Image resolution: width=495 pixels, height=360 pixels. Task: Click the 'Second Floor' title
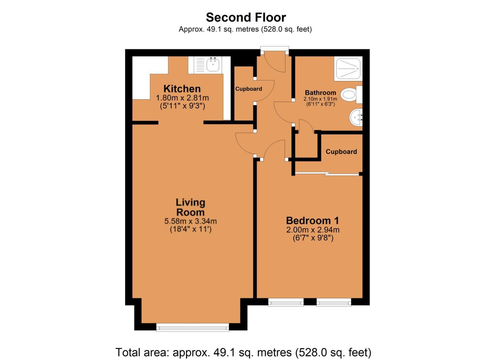pyautogui.click(x=246, y=17)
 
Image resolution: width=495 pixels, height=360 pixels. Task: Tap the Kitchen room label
pyautogui.click(x=182, y=89)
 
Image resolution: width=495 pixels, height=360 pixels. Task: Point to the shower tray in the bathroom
pyautogui.click(x=348, y=69)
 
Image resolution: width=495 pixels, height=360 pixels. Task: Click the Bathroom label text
pyautogui.click(x=320, y=93)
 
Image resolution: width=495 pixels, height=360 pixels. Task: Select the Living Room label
pyautogui.click(x=190, y=207)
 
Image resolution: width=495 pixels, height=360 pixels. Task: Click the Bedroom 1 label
pyautogui.click(x=312, y=221)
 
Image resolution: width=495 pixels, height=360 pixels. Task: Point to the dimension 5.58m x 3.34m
pyautogui.click(x=190, y=221)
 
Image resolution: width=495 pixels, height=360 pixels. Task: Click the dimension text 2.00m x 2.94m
pyautogui.click(x=313, y=230)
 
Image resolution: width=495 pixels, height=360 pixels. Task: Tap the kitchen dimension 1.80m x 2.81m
pyautogui.click(x=182, y=98)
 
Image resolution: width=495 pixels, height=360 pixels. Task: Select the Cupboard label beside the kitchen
pyautogui.click(x=248, y=89)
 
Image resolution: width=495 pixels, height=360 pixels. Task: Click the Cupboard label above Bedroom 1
pyautogui.click(x=341, y=152)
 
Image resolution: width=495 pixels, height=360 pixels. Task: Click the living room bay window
pyautogui.click(x=193, y=327)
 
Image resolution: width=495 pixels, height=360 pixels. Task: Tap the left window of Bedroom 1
pyautogui.click(x=286, y=302)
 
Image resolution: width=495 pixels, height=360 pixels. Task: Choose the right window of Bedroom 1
pyautogui.click(x=334, y=302)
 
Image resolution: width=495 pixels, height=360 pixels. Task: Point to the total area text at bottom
pyautogui.click(x=243, y=352)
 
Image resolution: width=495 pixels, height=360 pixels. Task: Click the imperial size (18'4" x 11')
pyautogui.click(x=190, y=229)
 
